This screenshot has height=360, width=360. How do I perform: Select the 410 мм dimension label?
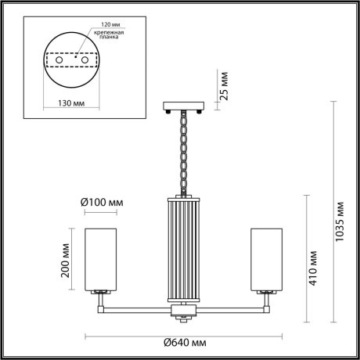tap(312, 268)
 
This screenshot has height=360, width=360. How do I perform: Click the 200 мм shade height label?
tap(67, 258)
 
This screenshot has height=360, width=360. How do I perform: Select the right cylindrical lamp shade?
tap(265, 257)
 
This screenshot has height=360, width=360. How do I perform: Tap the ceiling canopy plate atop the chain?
tap(183, 106)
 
